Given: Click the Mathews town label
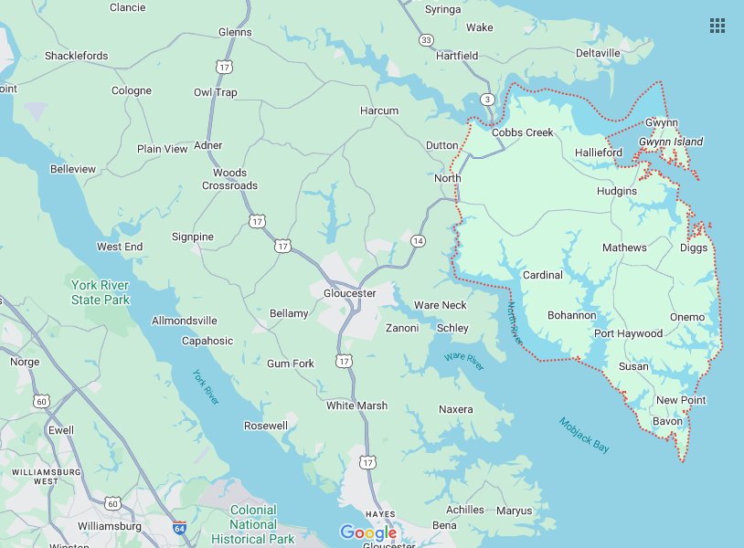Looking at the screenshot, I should point(624,248).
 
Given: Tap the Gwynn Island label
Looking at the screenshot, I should point(670,142).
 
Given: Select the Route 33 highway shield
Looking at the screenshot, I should point(426,40).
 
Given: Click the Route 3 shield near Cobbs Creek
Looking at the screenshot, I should point(488,99).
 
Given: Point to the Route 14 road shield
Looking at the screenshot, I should point(418,240).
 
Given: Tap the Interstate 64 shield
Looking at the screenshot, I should point(179,528).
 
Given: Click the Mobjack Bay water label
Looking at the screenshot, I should point(584,436).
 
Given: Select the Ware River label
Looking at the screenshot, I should point(463,360).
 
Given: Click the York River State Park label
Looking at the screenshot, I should point(101,292).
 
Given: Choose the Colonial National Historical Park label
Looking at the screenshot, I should point(252,524).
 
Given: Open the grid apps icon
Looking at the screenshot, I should point(717,26).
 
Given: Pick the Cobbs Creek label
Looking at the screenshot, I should point(522,132).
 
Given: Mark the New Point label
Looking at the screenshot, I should point(681,400).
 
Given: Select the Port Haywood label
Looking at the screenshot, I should point(628,333).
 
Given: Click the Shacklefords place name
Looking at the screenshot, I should point(76,56).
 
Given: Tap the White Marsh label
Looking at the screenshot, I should point(356,406).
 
